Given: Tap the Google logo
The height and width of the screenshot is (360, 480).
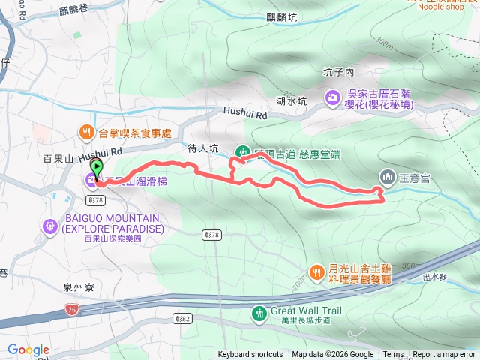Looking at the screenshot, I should (28, 349).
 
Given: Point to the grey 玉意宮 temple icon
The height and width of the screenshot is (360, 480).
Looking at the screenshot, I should (388, 178).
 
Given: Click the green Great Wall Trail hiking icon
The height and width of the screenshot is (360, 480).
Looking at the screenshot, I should (259, 312).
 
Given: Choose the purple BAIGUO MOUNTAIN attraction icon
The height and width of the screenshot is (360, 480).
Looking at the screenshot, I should (50, 223).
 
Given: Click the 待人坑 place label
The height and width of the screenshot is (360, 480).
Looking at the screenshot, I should (202, 149).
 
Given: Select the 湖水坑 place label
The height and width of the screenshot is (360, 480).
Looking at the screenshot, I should (291, 101).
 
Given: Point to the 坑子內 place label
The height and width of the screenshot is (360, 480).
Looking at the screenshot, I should (337, 73).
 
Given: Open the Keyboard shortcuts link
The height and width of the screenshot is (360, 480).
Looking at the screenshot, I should (250, 355).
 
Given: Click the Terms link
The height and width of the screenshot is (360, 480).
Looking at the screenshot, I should (393, 355).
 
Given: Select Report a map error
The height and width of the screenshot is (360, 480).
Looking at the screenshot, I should (445, 355).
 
